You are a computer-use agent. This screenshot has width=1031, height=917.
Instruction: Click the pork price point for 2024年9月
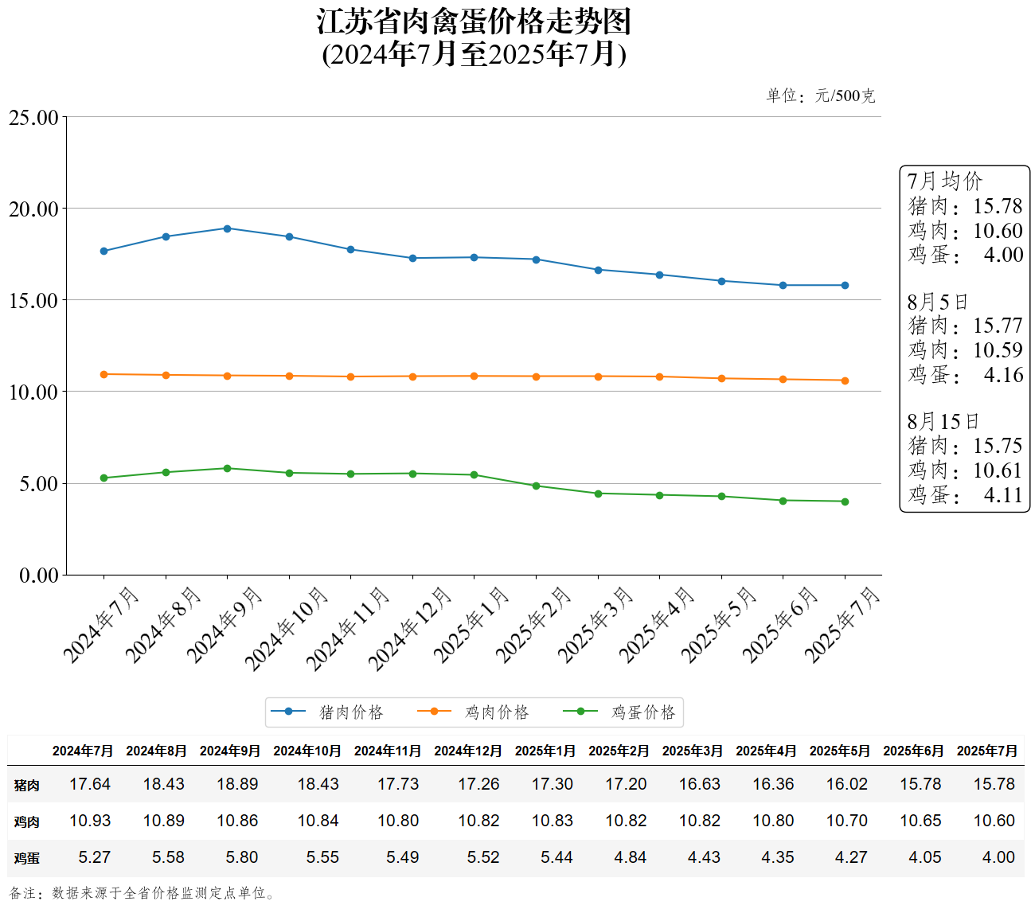(227, 228)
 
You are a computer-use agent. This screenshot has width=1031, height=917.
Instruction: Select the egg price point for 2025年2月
(536, 486)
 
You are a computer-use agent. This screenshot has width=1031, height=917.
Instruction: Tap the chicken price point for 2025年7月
(845, 380)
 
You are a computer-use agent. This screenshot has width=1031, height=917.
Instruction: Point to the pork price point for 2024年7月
(103, 251)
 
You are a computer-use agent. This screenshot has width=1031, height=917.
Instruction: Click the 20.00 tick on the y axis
(33, 209)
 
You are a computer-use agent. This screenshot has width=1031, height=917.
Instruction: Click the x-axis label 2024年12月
(410, 628)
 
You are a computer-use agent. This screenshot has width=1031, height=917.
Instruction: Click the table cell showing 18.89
(237, 784)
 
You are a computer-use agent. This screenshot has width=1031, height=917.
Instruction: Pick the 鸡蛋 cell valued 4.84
(630, 857)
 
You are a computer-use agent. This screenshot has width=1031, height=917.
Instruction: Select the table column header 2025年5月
(839, 751)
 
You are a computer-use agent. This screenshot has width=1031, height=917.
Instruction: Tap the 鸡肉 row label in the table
(26, 821)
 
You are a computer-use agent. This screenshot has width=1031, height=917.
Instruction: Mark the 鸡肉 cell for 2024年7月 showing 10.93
(90, 821)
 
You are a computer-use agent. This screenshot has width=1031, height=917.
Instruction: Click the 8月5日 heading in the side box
(937, 302)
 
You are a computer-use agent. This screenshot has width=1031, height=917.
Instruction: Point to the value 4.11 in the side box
(1002, 495)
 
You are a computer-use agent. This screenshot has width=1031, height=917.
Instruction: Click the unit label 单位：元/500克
(820, 96)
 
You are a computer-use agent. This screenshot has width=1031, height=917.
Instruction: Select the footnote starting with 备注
(143, 893)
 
